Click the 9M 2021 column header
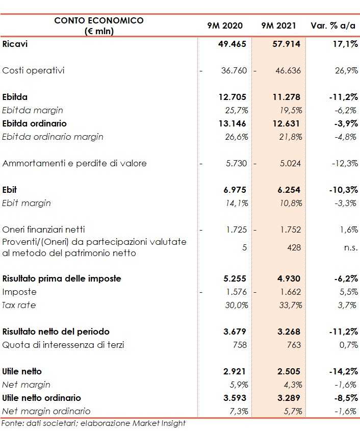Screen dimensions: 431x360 (x=278, y=26)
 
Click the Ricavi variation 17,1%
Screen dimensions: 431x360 (x=345, y=44)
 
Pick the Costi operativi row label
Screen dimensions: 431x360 (x=34, y=70)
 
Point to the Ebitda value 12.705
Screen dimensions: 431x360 (x=233, y=97)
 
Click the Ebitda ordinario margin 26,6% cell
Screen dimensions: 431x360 (x=236, y=137)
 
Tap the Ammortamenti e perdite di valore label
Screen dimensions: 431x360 (x=74, y=163)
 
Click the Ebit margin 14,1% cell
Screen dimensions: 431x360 (x=236, y=203)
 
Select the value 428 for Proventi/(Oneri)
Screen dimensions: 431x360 (x=294, y=247)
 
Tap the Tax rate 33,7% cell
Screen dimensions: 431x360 (x=290, y=305)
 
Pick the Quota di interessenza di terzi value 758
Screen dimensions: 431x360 (x=240, y=345)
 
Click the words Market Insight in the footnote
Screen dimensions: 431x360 (x=159, y=423)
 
